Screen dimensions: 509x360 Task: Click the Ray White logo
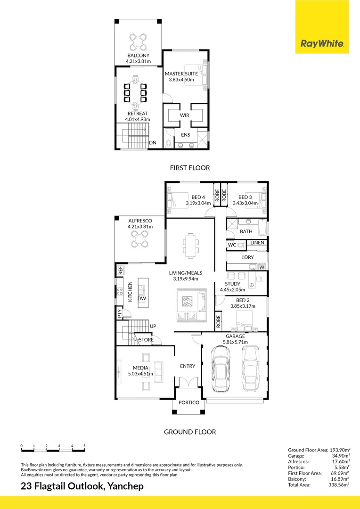(322, 44)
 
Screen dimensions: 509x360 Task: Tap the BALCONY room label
(138, 56)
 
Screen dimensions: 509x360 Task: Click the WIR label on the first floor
(184, 115)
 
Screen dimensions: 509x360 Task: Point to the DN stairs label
(152, 143)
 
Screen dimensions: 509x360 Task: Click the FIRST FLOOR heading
(190, 168)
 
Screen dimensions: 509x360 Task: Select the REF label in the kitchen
(121, 271)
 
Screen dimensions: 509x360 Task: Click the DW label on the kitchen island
(142, 299)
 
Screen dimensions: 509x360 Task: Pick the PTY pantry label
(120, 312)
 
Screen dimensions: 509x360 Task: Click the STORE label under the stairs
(146, 339)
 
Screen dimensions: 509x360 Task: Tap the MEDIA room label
(140, 368)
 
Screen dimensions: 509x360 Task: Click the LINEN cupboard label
(257, 243)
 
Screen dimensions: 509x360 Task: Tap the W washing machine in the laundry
(262, 268)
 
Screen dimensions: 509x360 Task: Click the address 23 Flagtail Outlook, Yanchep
(82, 486)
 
